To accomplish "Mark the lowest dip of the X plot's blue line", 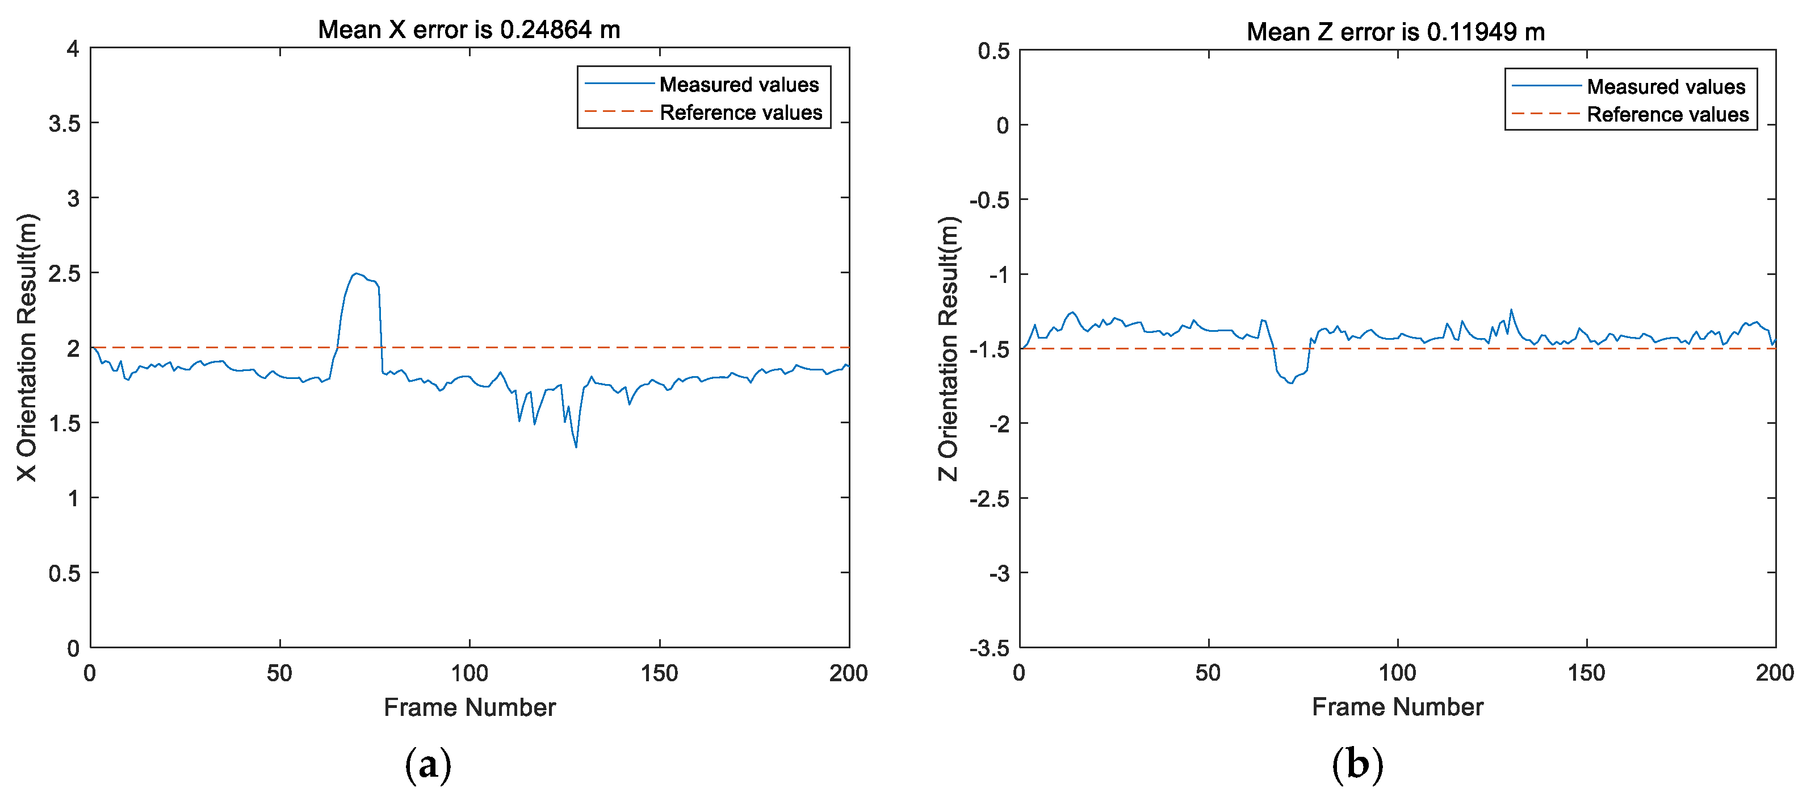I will tap(576, 446).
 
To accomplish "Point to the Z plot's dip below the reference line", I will tap(1290, 381).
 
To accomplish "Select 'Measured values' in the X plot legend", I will tap(739, 85).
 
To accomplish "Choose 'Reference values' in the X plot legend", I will tap(740, 113).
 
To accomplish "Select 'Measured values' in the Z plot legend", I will tap(1666, 87).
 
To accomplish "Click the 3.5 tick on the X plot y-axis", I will tap(64, 124).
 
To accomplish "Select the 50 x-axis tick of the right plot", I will tap(1208, 673).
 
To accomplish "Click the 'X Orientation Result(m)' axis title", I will tap(27, 348).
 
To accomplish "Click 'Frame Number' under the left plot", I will tap(470, 707).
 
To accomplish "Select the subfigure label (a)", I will tap(427, 765).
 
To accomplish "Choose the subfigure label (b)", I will tap(1357, 765).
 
